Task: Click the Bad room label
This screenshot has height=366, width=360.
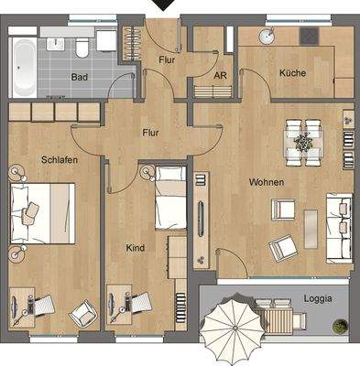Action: pyautogui.click(x=80, y=77)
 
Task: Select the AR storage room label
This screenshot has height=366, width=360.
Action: pyautogui.click(x=220, y=77)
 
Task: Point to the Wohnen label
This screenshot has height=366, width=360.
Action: pyautogui.click(x=266, y=182)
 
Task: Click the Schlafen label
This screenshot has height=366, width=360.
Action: pyautogui.click(x=59, y=159)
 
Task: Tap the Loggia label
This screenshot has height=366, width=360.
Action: pyautogui.click(x=319, y=297)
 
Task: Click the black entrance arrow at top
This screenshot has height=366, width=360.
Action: pyautogui.click(x=165, y=5)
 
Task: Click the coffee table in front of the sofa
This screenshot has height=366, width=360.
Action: pyautogui.click(x=311, y=228)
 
